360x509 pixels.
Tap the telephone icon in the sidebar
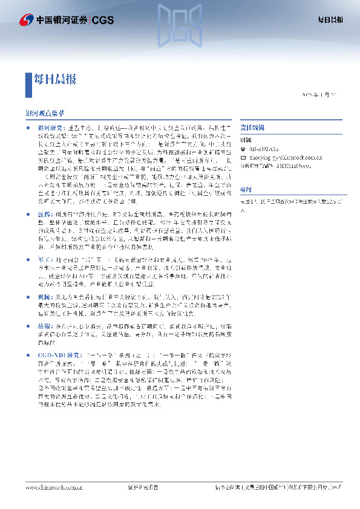243,149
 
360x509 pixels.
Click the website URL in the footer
54,487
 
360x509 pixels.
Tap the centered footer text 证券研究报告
144,487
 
